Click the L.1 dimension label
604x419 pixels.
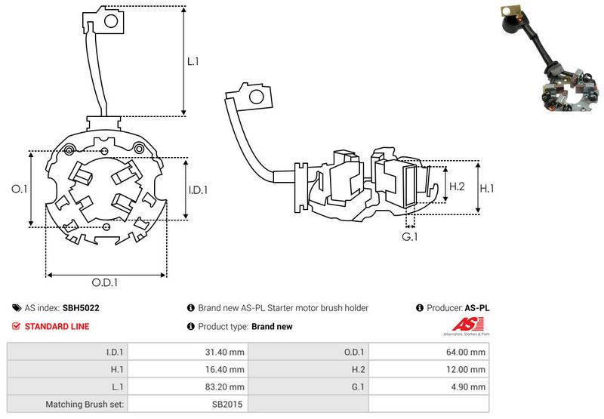[193, 61]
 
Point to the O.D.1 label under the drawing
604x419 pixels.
[106, 283]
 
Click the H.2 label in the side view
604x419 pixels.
[457, 186]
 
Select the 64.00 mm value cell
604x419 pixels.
[467, 352]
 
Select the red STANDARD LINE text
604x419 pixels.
[57, 326]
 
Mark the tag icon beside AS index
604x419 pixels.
[16, 308]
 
